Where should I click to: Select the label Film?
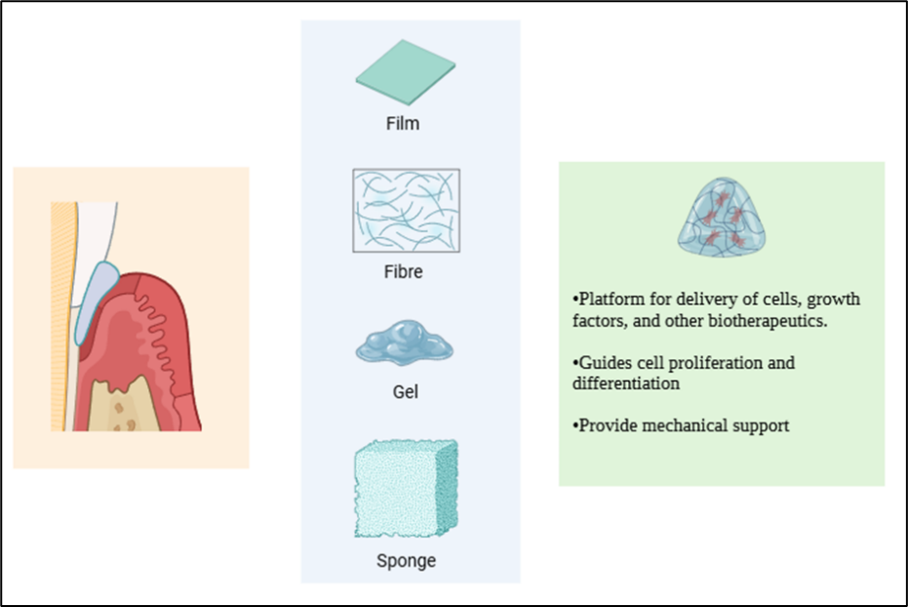(403, 124)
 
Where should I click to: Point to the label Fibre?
(403, 271)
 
